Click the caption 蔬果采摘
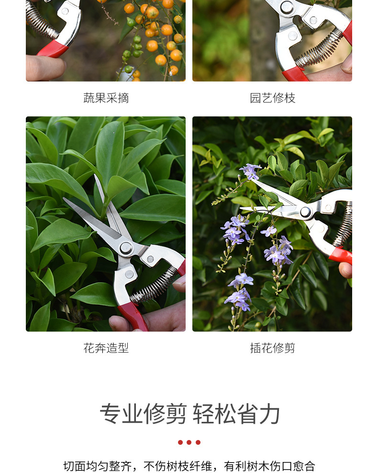coord(106,98)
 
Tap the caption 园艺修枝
coord(272,98)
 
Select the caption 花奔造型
coord(106,348)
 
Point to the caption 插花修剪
coord(272,348)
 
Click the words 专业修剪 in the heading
coord(143,414)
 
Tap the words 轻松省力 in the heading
coord(236,414)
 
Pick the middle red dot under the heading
coord(189,442)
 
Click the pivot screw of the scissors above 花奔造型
coord(126,247)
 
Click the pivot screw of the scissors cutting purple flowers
coord(305,211)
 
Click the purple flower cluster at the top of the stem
coord(250,171)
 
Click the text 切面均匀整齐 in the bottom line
coord(97,466)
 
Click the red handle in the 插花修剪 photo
coord(341,255)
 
